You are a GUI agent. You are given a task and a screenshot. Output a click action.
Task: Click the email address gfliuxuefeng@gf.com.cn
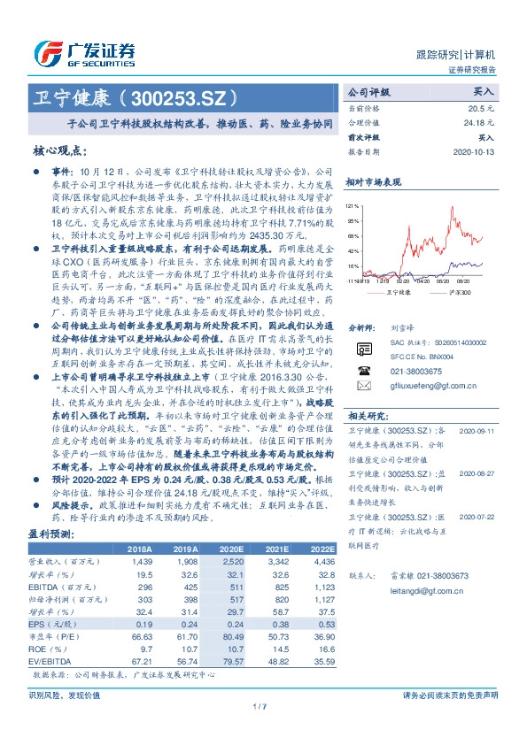[x=422, y=387]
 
